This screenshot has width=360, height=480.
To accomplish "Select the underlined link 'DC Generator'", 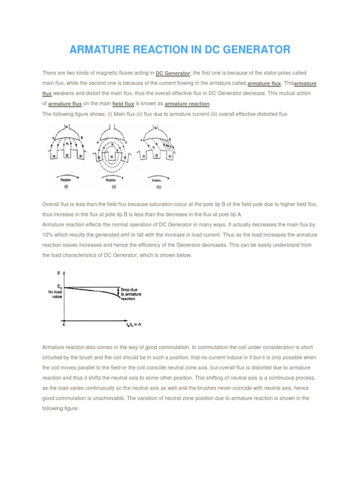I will coord(173,73).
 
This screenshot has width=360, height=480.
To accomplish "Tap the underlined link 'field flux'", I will coord(123,103).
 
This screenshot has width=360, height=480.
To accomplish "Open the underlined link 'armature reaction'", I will coord(187,103).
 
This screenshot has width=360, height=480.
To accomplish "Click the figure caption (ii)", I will coord(114,187).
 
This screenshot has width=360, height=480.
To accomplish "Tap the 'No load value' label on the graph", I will coord(55,294).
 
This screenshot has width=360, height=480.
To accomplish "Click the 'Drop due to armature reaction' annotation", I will coord(134,293).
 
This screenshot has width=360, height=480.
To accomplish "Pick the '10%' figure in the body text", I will coord(48,234).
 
